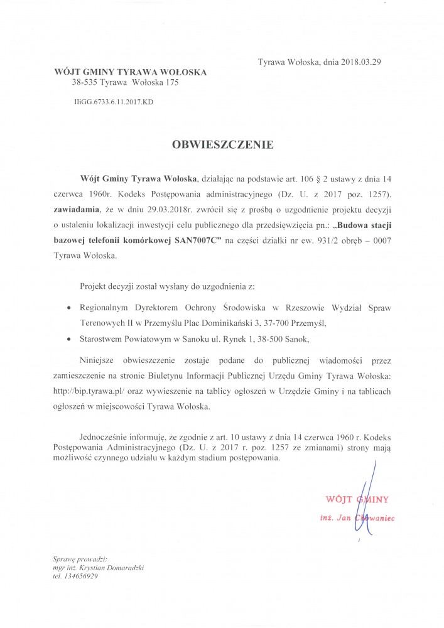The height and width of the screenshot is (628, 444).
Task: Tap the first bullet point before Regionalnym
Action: [68, 308]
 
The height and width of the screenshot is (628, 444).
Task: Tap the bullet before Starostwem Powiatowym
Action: [68, 338]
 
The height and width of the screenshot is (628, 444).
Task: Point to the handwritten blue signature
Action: [372, 496]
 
